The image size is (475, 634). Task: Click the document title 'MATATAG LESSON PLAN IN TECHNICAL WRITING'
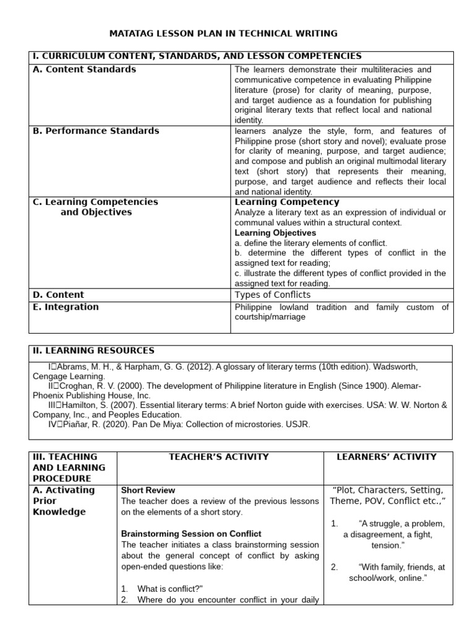point(223,33)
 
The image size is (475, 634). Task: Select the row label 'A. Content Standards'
point(84,69)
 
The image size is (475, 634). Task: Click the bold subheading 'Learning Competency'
point(286,202)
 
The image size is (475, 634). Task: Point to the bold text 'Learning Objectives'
point(275,233)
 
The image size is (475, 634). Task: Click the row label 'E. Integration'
point(66,307)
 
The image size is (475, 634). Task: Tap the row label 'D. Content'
point(58,295)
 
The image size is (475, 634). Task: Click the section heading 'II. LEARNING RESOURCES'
point(93,351)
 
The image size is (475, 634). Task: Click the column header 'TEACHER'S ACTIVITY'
point(220,457)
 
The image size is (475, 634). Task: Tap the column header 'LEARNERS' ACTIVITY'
point(387,457)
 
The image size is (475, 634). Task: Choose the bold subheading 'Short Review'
point(148,490)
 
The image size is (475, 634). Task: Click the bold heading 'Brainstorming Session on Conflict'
point(191,534)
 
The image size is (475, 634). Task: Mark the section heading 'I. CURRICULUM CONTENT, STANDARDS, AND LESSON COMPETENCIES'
point(197,57)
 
